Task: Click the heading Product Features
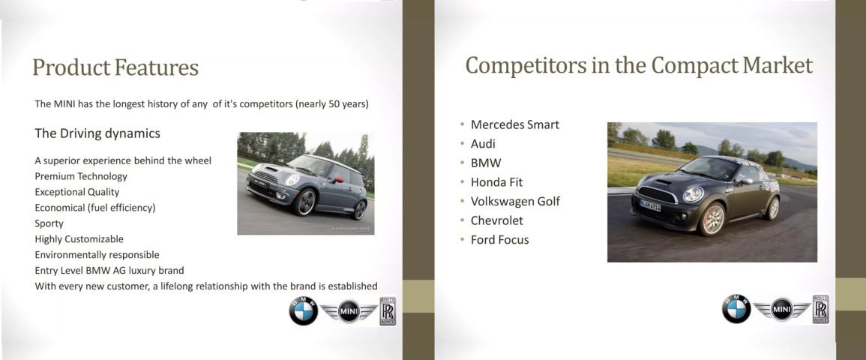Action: tap(115, 67)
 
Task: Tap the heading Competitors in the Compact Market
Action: tap(639, 65)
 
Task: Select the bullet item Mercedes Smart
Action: tap(515, 124)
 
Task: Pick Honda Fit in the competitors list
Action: tap(496, 182)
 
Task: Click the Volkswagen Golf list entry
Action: tap(515, 202)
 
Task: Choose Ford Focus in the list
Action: tap(500, 240)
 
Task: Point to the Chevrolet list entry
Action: tap(496, 220)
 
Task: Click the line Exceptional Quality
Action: tap(76, 192)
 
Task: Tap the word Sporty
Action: tap(49, 223)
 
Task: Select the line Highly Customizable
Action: tap(79, 239)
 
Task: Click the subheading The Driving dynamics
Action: tap(97, 133)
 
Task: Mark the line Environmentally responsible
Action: tap(97, 254)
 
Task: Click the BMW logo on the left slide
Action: tap(303, 310)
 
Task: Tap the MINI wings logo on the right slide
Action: tap(781, 309)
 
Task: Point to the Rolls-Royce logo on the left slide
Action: tap(388, 310)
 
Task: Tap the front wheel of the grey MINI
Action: tap(304, 202)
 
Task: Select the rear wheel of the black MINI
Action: tap(772, 208)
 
